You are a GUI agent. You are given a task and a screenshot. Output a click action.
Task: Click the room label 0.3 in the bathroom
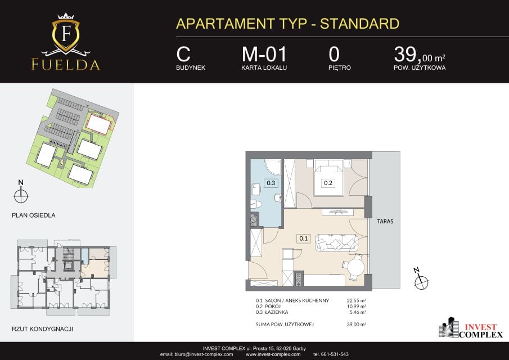tap(271, 183)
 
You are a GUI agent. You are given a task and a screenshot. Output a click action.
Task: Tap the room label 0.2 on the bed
tap(328, 183)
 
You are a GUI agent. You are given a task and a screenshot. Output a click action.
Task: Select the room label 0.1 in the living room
tap(303, 238)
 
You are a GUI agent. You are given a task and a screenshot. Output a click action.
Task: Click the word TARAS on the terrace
tap(385, 222)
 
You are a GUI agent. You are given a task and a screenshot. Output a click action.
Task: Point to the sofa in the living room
tap(336, 242)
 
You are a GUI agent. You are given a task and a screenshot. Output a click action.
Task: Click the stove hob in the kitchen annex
tap(299, 279)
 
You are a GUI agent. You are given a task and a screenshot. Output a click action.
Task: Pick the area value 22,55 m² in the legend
tap(357, 300)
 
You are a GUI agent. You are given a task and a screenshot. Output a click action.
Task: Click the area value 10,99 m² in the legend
tap(357, 307)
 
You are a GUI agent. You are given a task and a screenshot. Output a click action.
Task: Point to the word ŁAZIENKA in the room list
tap(276, 312)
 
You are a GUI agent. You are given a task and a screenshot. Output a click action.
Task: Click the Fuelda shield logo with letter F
tap(66, 34)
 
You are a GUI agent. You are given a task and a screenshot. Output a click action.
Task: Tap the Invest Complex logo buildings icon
tap(448, 327)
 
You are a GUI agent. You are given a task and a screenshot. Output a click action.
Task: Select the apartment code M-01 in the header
tap(264, 54)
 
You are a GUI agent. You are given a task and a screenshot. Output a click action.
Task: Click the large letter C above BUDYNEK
tap(183, 54)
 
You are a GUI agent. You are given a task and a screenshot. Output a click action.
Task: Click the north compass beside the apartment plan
tap(421, 280)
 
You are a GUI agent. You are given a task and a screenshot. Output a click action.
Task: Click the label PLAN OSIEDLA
tap(33, 215)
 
